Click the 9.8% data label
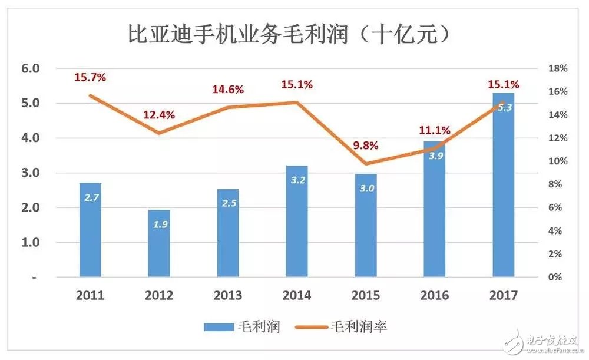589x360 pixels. tap(365, 146)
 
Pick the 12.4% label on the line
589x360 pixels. tap(160, 115)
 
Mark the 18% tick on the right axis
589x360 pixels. tap(558, 68)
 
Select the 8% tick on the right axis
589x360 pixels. tap(558, 184)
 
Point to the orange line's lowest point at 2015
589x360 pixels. tap(366, 163)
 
